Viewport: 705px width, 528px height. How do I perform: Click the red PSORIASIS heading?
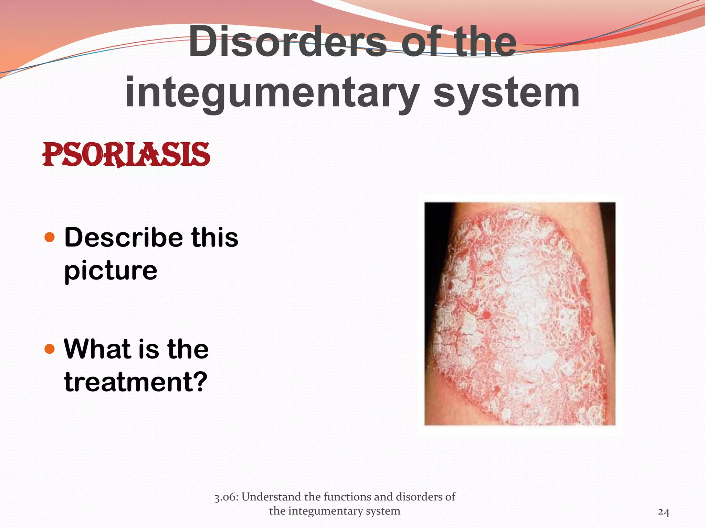[x=126, y=155]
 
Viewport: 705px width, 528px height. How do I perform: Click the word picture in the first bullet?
[x=111, y=271]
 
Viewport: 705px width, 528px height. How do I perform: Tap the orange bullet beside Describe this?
[x=50, y=237]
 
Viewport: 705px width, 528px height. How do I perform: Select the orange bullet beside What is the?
[x=50, y=349]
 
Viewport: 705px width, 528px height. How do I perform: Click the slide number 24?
[x=663, y=512]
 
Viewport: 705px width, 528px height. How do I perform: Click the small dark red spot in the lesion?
[x=487, y=314]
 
